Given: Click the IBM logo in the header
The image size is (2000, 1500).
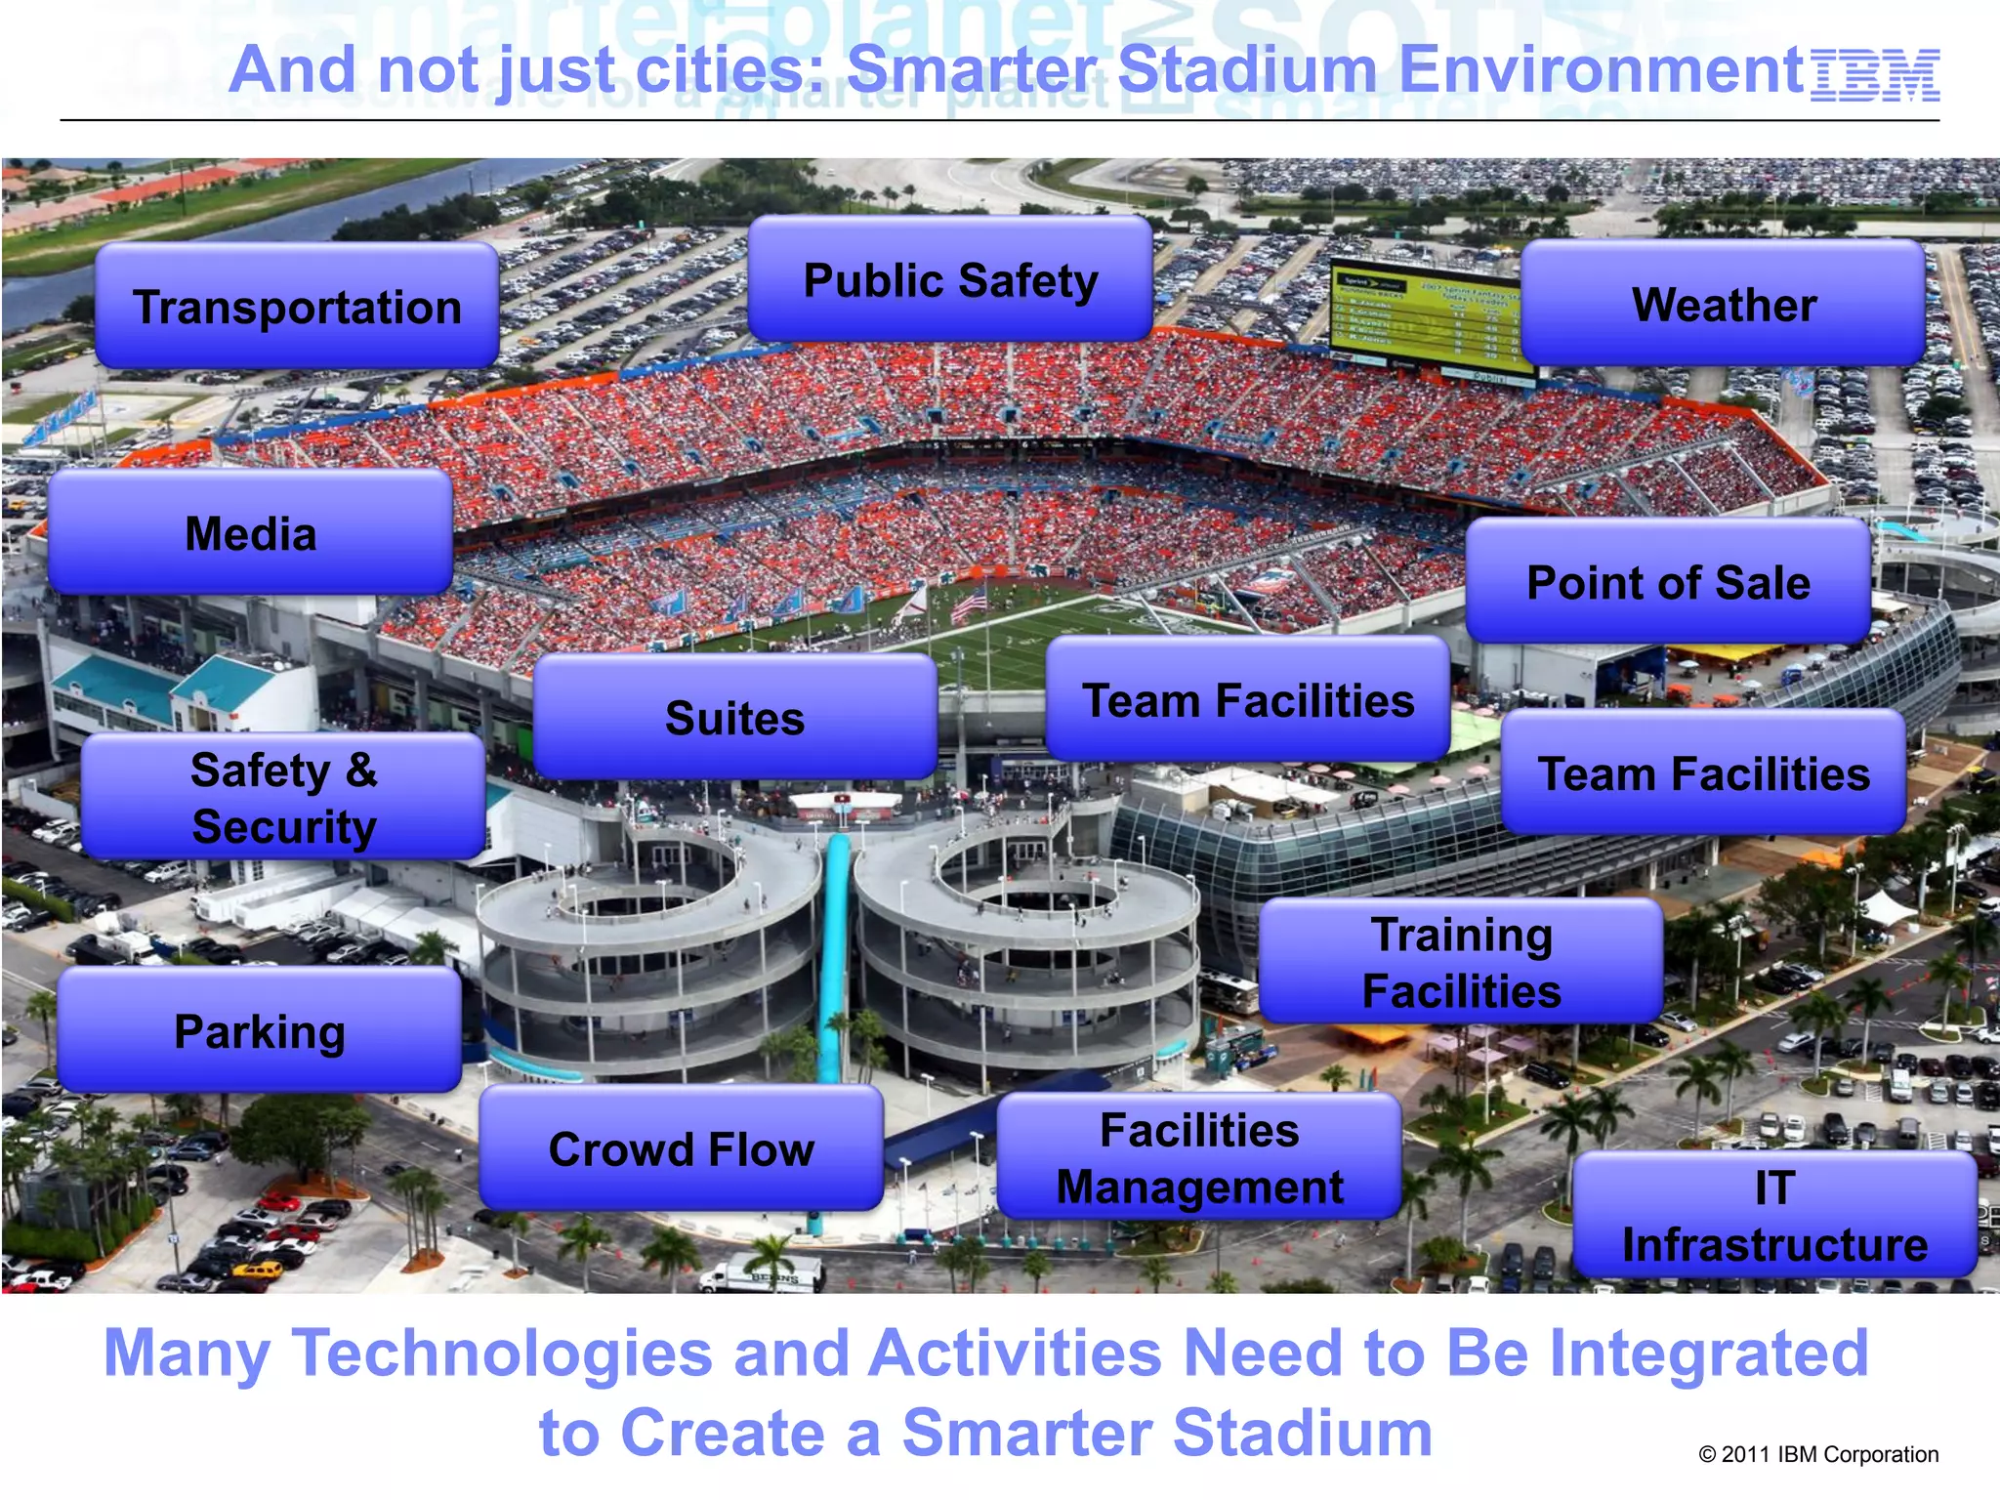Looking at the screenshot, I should (x=1874, y=76).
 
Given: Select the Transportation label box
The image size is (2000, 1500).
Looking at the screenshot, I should (x=297, y=307).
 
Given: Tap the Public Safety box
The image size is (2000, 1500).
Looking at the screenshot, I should (x=950, y=280).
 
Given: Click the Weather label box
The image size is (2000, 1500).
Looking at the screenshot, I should (x=1723, y=304).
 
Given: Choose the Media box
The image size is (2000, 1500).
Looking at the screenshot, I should (x=250, y=533).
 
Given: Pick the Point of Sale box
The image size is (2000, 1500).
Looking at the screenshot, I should (x=1668, y=582).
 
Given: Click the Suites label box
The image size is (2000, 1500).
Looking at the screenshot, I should (x=734, y=718).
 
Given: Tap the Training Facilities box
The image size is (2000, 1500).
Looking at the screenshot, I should (x=1461, y=962).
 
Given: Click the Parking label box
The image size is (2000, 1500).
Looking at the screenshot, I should (x=259, y=1031).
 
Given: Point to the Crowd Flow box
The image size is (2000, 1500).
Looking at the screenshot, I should (x=681, y=1148).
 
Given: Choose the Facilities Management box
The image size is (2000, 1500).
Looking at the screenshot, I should (x=1199, y=1157).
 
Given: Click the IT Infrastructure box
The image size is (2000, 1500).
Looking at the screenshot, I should (x=1774, y=1216).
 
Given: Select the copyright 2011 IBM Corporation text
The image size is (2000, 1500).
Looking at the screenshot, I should (x=1818, y=1454).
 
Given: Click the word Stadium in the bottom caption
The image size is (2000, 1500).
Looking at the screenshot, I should (x=1303, y=1433).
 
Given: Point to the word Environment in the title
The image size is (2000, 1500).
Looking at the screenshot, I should (x=1602, y=70).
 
